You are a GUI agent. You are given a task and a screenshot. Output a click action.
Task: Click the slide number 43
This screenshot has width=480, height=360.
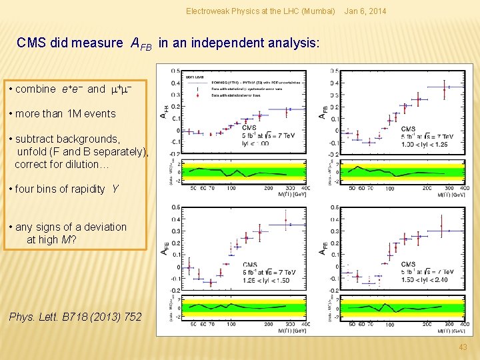[463, 347]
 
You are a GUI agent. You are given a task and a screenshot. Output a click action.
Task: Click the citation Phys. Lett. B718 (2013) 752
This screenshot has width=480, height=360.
[75, 317]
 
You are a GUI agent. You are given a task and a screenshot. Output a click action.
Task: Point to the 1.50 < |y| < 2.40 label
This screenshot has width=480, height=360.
[425, 279]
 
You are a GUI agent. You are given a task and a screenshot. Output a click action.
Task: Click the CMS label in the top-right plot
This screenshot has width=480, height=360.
[408, 129]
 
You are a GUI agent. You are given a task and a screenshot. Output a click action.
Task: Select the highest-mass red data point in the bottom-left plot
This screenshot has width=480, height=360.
[286, 221]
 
